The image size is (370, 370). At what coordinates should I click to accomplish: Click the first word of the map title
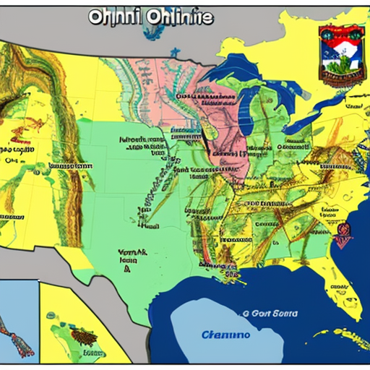(110, 17)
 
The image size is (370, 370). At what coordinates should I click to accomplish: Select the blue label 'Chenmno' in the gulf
(225, 335)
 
